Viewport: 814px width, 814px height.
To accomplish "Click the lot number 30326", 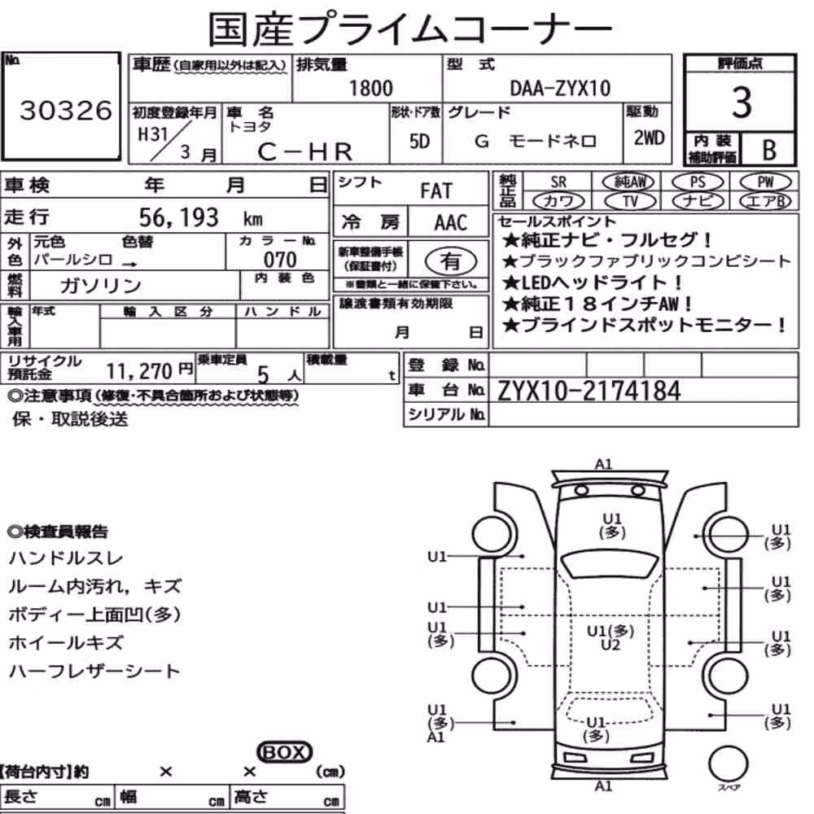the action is click(x=65, y=110).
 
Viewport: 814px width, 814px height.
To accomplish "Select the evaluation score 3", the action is click(x=742, y=102).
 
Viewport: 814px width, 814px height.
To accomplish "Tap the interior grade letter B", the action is click(x=769, y=150).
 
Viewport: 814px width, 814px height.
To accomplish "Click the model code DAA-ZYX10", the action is click(x=560, y=88).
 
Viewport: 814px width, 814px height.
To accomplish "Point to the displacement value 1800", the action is click(x=370, y=88).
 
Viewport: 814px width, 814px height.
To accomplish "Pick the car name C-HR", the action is click(x=305, y=151).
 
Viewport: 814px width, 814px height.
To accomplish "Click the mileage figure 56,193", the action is click(x=178, y=217).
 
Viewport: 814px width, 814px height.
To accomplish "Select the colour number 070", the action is click(x=280, y=259).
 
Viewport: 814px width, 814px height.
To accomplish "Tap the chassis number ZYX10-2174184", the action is click(x=589, y=391).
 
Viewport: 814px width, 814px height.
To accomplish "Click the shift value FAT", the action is click(x=436, y=191).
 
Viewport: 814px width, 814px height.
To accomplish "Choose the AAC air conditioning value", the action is click(x=451, y=223).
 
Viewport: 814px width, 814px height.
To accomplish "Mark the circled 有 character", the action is click(x=451, y=260).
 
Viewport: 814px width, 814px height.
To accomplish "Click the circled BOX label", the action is click(x=284, y=751).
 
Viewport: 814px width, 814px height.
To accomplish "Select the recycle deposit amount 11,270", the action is click(x=139, y=371).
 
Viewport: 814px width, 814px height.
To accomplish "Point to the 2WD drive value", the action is click(x=649, y=138).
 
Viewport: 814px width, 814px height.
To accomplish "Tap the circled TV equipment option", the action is click(x=630, y=201).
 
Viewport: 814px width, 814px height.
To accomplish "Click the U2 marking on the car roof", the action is click(x=610, y=645).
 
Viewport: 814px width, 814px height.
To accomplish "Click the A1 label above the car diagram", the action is click(x=603, y=464).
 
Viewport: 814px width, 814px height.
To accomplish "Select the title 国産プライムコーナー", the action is click(x=410, y=28).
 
